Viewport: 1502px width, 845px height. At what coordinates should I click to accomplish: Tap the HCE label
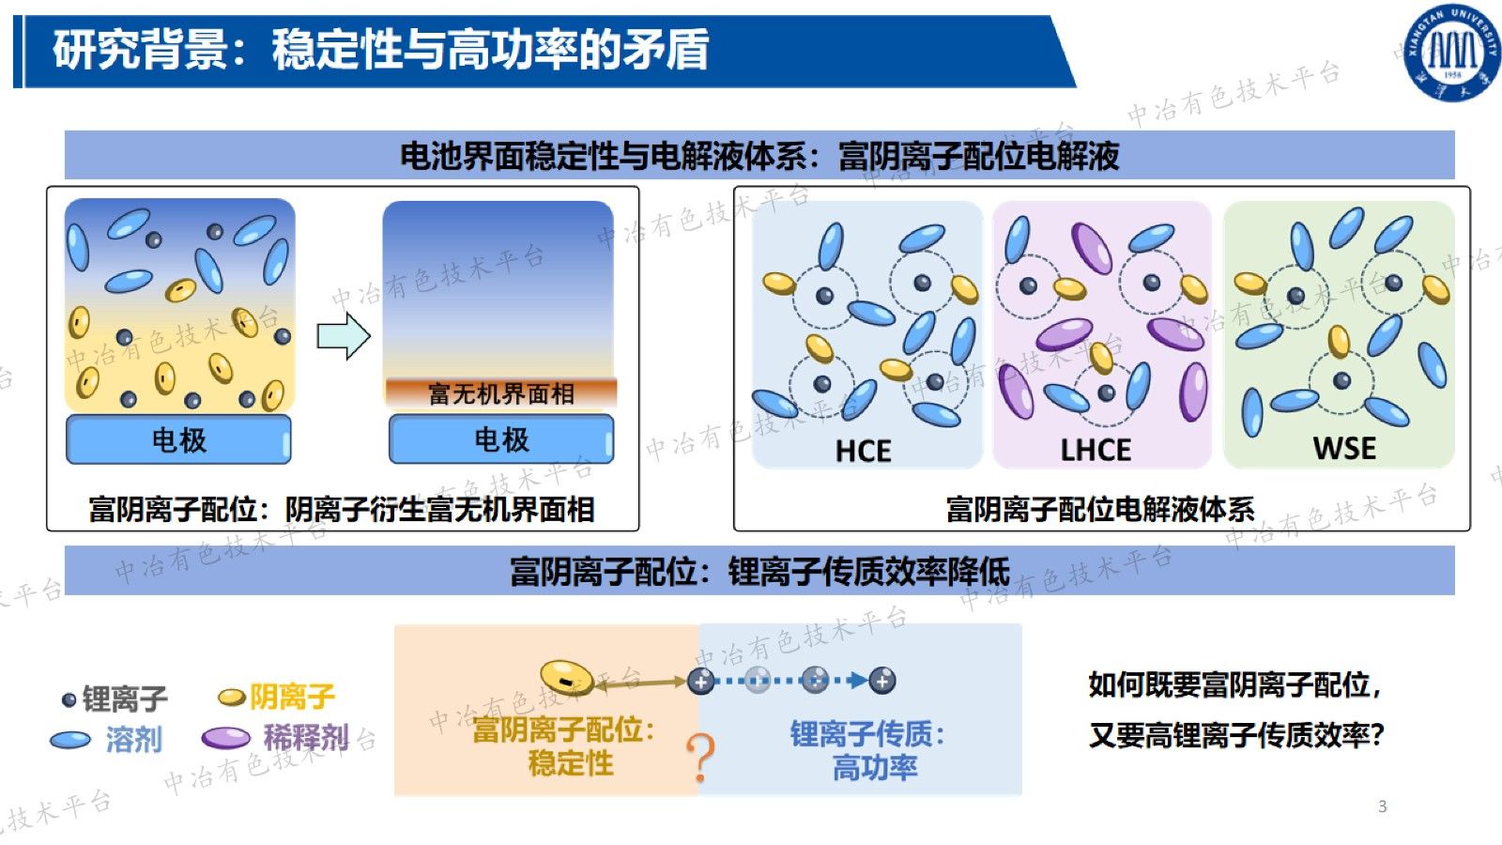click(863, 451)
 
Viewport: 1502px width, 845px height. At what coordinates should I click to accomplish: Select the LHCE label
click(1096, 450)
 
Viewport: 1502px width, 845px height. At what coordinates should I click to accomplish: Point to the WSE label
click(1344, 448)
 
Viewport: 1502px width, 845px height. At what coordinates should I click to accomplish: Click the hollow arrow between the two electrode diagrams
click(344, 336)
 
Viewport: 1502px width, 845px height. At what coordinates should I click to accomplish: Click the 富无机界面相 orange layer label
click(501, 393)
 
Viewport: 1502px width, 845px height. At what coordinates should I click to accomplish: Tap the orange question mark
click(700, 758)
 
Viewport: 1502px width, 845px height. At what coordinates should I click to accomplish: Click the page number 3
click(1382, 807)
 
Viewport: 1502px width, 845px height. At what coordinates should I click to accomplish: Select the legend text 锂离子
click(125, 699)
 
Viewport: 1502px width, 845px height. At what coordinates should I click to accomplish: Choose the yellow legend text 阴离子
click(292, 696)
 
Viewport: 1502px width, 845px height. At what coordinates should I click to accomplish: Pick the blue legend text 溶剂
click(134, 740)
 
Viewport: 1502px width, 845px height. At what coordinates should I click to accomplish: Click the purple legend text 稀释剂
click(306, 738)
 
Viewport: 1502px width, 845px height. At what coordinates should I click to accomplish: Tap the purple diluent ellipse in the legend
click(226, 738)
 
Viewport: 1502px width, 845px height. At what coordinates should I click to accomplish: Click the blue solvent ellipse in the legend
click(70, 740)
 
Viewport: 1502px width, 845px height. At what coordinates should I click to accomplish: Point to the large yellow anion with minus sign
click(567, 677)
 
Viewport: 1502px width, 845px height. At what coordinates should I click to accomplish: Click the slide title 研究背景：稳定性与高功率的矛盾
click(381, 50)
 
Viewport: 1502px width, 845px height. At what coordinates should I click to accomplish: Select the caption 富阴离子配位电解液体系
click(1100, 509)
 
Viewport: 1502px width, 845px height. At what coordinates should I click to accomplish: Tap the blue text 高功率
click(875, 768)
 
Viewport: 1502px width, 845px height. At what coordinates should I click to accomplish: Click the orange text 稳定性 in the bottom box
click(571, 763)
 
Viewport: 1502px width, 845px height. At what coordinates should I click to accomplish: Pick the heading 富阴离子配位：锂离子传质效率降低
click(759, 572)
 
